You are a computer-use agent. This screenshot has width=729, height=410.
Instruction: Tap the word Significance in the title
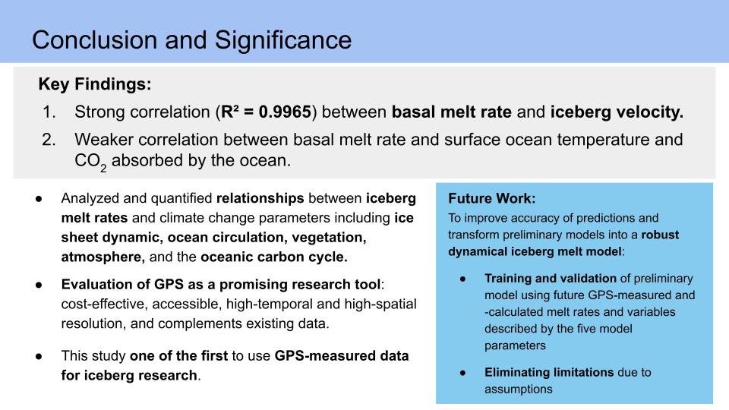tap(283, 40)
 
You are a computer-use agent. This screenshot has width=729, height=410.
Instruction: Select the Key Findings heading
tap(95, 84)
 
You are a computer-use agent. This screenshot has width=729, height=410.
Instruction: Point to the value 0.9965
tap(285, 112)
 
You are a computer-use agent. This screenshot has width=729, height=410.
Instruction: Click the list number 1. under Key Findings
tap(49, 112)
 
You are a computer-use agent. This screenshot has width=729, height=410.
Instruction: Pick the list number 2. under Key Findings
tap(49, 140)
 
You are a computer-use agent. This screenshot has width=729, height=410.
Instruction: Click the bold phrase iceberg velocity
tap(617, 112)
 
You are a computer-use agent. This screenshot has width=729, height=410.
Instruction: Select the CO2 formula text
tap(90, 162)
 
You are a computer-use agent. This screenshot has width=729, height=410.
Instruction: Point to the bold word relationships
tap(260, 198)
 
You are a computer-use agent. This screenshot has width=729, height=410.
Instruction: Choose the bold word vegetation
tap(329, 238)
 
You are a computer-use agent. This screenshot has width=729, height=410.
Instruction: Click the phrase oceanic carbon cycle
tap(274, 257)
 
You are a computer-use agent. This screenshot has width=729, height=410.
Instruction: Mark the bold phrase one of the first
tap(179, 355)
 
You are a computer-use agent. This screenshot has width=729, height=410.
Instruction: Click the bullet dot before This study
tap(39, 357)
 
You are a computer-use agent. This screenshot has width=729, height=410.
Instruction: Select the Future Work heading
tap(492, 198)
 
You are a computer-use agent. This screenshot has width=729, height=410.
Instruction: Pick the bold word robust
tap(660, 235)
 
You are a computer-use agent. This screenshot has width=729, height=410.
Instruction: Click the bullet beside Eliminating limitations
tap(462, 373)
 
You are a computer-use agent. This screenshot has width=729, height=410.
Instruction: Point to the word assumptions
tap(519, 389)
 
